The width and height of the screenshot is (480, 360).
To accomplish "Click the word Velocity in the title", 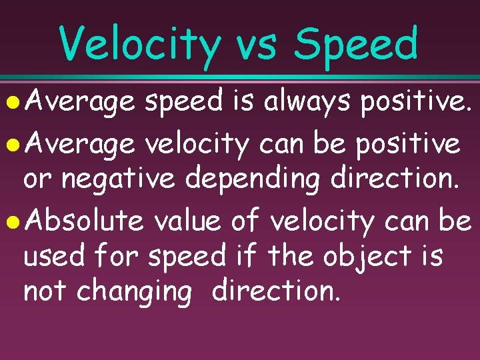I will click(x=139, y=45).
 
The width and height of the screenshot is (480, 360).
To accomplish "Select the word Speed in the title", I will click(x=357, y=45).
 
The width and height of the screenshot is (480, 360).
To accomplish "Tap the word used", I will click(x=53, y=255).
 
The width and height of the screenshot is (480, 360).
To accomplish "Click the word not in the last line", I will click(x=45, y=291).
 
